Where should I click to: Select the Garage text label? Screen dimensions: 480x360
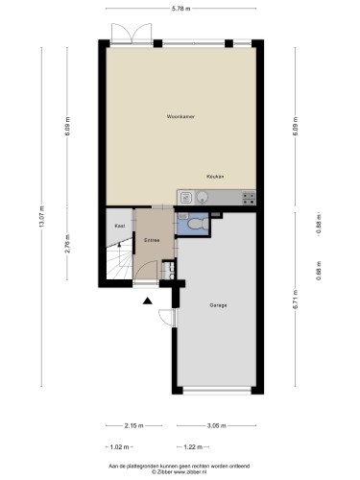[x=218, y=304]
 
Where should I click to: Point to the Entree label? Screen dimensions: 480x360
[x=152, y=239]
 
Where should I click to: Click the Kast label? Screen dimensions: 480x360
[x=119, y=226]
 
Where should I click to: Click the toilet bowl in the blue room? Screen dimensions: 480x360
[x=195, y=223]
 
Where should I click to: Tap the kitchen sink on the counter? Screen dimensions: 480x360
[x=187, y=199]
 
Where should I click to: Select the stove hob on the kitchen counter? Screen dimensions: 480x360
[x=248, y=199]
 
